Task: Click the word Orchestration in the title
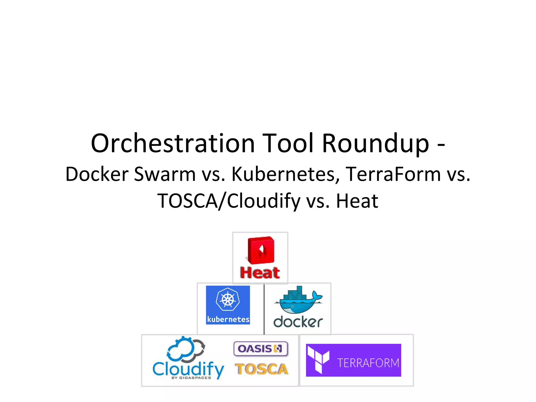(x=173, y=143)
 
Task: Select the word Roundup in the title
(x=375, y=143)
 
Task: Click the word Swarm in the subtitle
(x=164, y=174)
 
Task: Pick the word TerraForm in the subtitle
(x=393, y=174)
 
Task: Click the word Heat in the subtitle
(x=357, y=201)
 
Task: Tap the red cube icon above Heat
(x=261, y=250)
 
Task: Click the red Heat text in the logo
(x=260, y=273)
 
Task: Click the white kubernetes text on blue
(x=228, y=320)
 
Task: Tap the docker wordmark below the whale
(x=298, y=322)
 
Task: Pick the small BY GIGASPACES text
(x=191, y=378)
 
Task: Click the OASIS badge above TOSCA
(x=261, y=349)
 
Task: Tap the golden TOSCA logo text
(x=261, y=369)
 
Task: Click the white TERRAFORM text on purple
(x=368, y=363)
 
